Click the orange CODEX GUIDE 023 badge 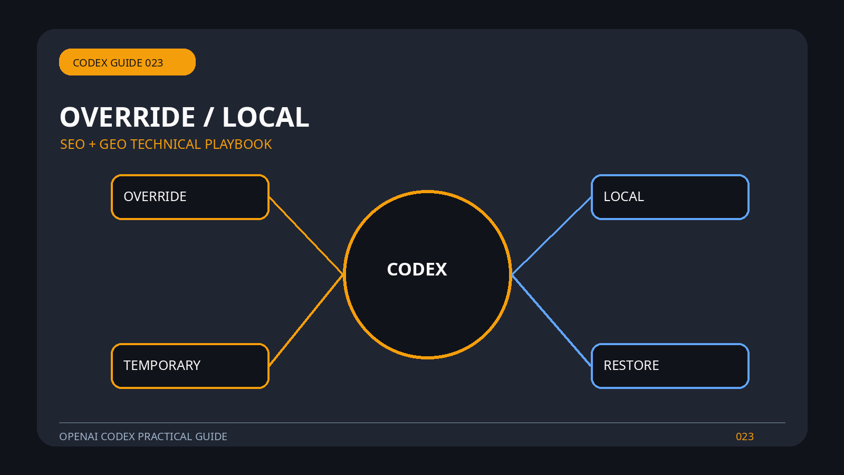(x=127, y=62)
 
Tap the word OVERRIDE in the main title (x=127, y=117)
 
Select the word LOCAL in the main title (x=266, y=117)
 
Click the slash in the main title (x=208, y=117)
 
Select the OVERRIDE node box (x=190, y=197)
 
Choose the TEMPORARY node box (x=190, y=366)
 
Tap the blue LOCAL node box (x=670, y=197)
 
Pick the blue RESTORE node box (x=670, y=366)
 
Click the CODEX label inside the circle (x=417, y=270)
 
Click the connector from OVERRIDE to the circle (x=306, y=235)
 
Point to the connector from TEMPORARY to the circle (x=306, y=320)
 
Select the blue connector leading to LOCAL (x=551, y=236)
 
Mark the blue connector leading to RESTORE (x=551, y=320)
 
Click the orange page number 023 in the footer (x=744, y=436)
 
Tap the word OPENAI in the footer (x=79, y=436)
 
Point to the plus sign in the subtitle (x=92, y=145)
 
